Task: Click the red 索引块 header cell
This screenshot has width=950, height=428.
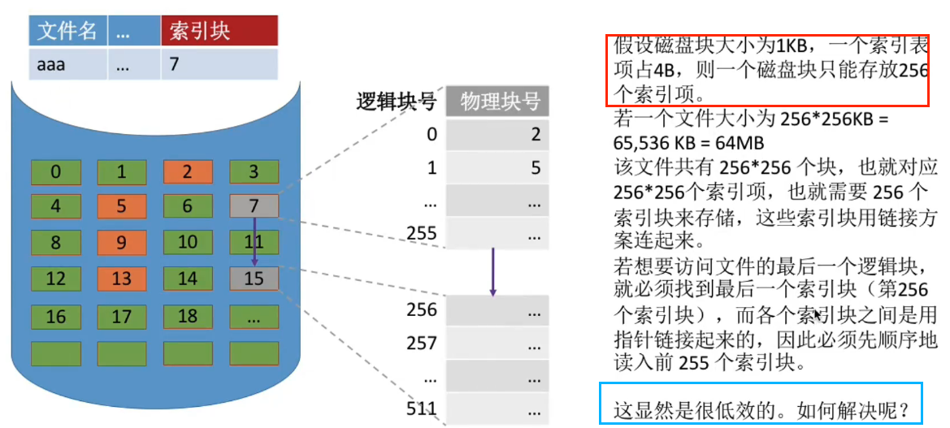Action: coord(219,31)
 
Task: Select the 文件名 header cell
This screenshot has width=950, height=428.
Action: coord(68,31)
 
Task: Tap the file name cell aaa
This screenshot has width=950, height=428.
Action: coord(51,65)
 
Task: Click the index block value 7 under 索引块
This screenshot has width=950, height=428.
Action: coord(175,65)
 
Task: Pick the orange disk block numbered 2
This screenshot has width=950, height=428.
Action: coord(187,172)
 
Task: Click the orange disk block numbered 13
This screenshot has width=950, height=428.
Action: coord(121,279)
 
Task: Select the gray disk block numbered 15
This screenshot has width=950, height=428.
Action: coord(254,279)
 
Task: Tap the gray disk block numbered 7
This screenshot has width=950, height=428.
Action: coord(254,206)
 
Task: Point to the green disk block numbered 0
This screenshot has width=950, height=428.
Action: coord(55,172)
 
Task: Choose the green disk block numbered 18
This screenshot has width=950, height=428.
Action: coord(187,316)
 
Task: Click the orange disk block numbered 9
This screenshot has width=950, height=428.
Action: coord(121,242)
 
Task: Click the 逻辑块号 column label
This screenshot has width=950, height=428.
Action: coord(397,102)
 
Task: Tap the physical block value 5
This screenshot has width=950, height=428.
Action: coord(536,168)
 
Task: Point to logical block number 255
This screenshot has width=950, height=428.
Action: coord(422,234)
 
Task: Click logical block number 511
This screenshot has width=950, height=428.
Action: coord(422,408)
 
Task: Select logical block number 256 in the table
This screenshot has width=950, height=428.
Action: coord(422,309)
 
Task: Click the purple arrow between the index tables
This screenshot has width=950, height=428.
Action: coord(492,272)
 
